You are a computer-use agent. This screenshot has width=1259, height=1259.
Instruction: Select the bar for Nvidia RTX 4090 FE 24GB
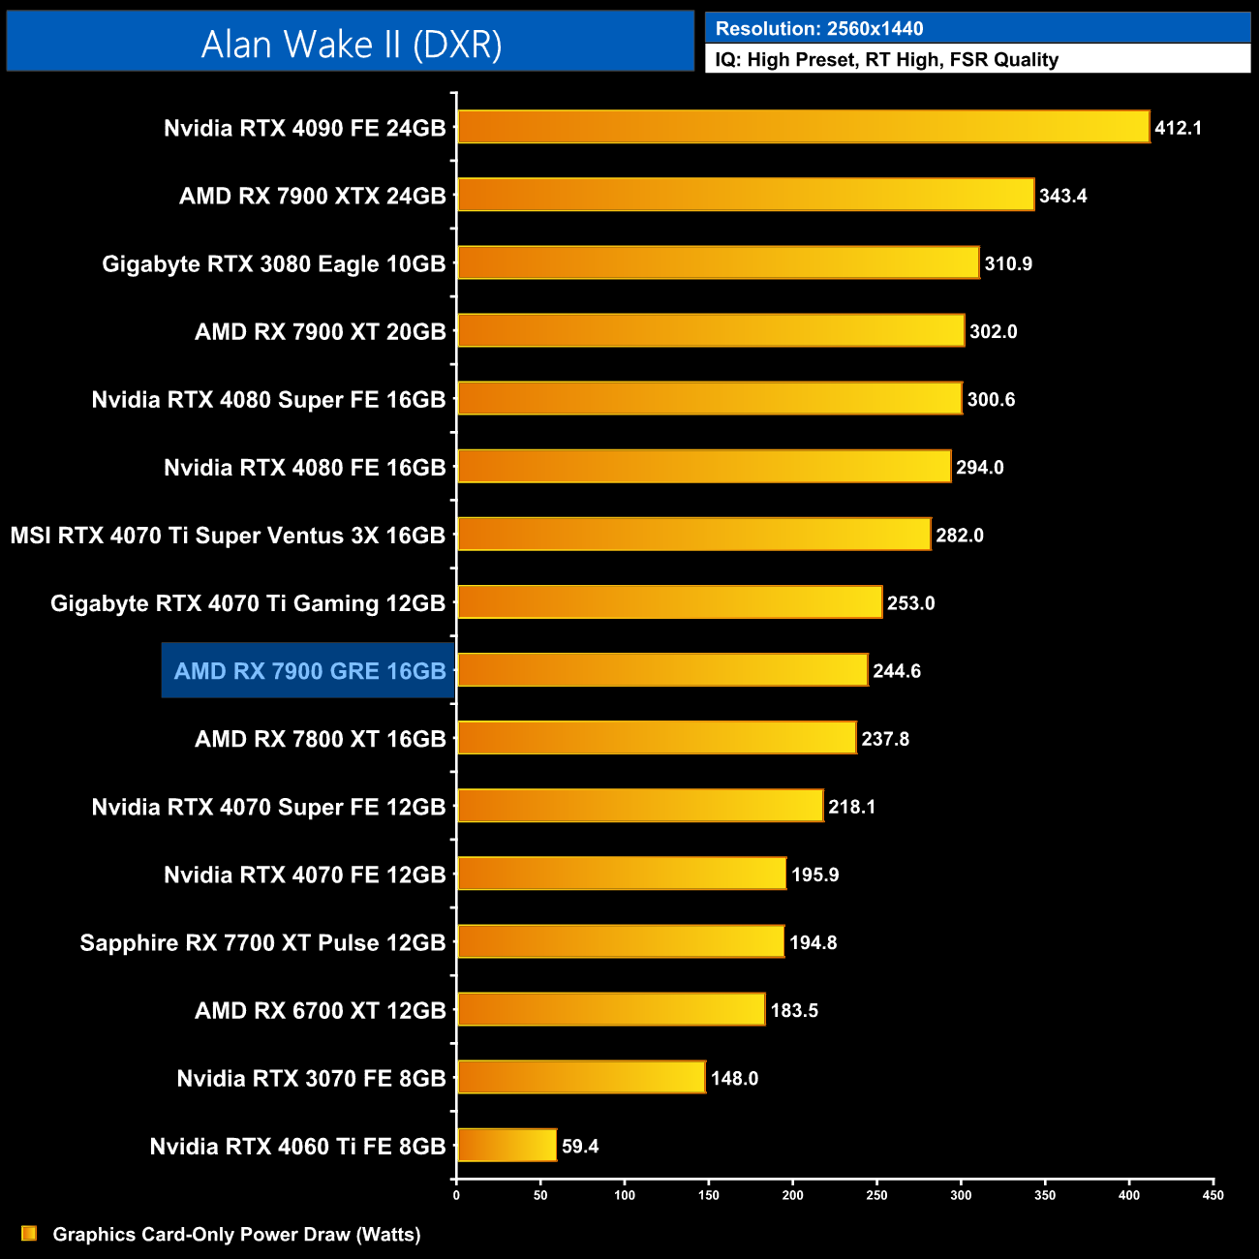pyautogui.click(x=803, y=127)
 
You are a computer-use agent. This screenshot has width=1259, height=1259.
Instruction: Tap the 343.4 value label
pyautogui.click(x=1062, y=196)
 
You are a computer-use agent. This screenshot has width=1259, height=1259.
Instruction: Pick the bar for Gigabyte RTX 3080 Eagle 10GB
pyautogui.click(x=718, y=262)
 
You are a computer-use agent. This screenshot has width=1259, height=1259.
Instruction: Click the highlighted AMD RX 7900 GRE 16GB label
pyautogui.click(x=309, y=671)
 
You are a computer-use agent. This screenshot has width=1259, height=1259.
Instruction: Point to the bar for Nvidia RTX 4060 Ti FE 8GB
pyautogui.click(x=507, y=1145)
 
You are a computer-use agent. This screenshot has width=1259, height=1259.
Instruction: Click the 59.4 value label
pyautogui.click(x=580, y=1147)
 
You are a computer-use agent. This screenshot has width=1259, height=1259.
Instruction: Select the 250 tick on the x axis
pyautogui.click(x=876, y=1195)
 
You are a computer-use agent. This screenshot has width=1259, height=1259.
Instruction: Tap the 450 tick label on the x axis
pyautogui.click(x=1213, y=1195)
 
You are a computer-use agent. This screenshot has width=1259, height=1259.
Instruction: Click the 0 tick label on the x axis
pyautogui.click(x=456, y=1195)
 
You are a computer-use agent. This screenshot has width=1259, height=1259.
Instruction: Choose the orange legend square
pyautogui.click(x=29, y=1233)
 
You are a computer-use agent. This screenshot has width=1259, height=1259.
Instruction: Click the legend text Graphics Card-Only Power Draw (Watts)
pyautogui.click(x=236, y=1235)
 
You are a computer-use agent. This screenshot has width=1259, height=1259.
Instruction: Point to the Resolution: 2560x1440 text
pyautogui.click(x=819, y=29)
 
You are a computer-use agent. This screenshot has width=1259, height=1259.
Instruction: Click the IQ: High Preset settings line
pyautogui.click(x=886, y=60)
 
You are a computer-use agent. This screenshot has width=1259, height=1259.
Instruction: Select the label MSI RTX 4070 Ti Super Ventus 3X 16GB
pyautogui.click(x=228, y=536)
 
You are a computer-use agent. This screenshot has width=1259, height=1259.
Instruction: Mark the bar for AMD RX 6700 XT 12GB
pyautogui.click(x=610, y=1009)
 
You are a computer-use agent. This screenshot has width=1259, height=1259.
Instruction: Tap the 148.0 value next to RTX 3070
pyautogui.click(x=734, y=1078)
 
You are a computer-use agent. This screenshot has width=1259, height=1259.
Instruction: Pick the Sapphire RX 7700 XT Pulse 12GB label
pyautogui.click(x=262, y=942)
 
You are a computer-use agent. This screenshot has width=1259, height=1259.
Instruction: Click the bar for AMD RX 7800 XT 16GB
pyautogui.click(x=657, y=738)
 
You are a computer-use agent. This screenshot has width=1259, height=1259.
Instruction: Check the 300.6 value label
pyautogui.click(x=991, y=399)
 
